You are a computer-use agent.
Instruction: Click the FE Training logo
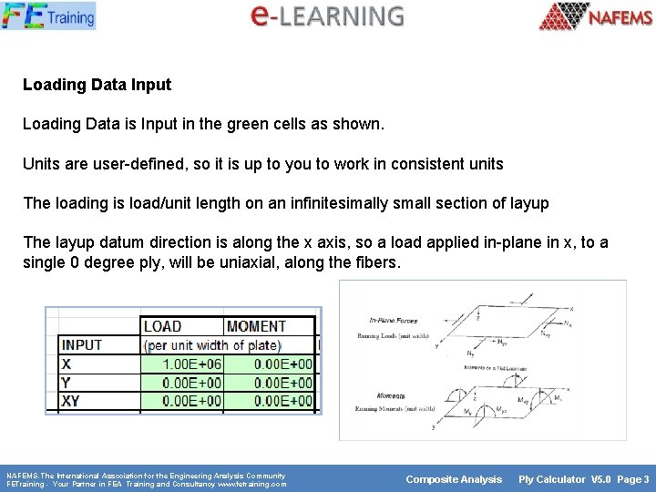pyautogui.click(x=47, y=15)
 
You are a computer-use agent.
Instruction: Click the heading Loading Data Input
pyautogui.click(x=97, y=85)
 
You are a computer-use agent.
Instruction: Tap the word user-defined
pyautogui.click(x=133, y=164)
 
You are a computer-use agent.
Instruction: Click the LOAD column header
pyautogui.click(x=163, y=326)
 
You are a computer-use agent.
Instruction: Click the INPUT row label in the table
pyautogui.click(x=82, y=345)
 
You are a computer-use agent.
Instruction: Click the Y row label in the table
pyautogui.click(x=66, y=383)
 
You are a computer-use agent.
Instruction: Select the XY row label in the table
pyautogui.click(x=71, y=401)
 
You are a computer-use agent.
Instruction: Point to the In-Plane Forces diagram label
pyautogui.click(x=393, y=320)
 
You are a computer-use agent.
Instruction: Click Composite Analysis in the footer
pyautogui.click(x=454, y=479)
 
